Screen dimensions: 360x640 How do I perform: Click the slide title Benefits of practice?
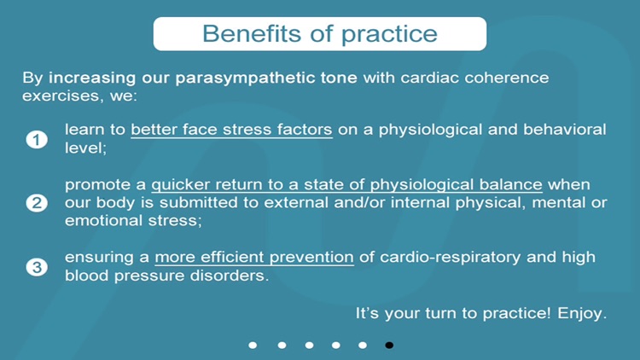319,34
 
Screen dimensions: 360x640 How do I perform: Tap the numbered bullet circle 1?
36,139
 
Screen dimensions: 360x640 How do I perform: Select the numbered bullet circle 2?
36,203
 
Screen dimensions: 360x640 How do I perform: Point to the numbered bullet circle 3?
36,267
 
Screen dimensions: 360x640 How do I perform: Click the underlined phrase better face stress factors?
231,130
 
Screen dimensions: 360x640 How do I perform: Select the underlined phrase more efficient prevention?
254,258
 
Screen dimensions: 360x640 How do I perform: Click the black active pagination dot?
389,345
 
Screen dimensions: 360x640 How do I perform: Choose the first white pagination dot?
253,345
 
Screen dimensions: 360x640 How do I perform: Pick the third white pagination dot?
308,345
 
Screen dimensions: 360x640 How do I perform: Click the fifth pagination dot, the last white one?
362,345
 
